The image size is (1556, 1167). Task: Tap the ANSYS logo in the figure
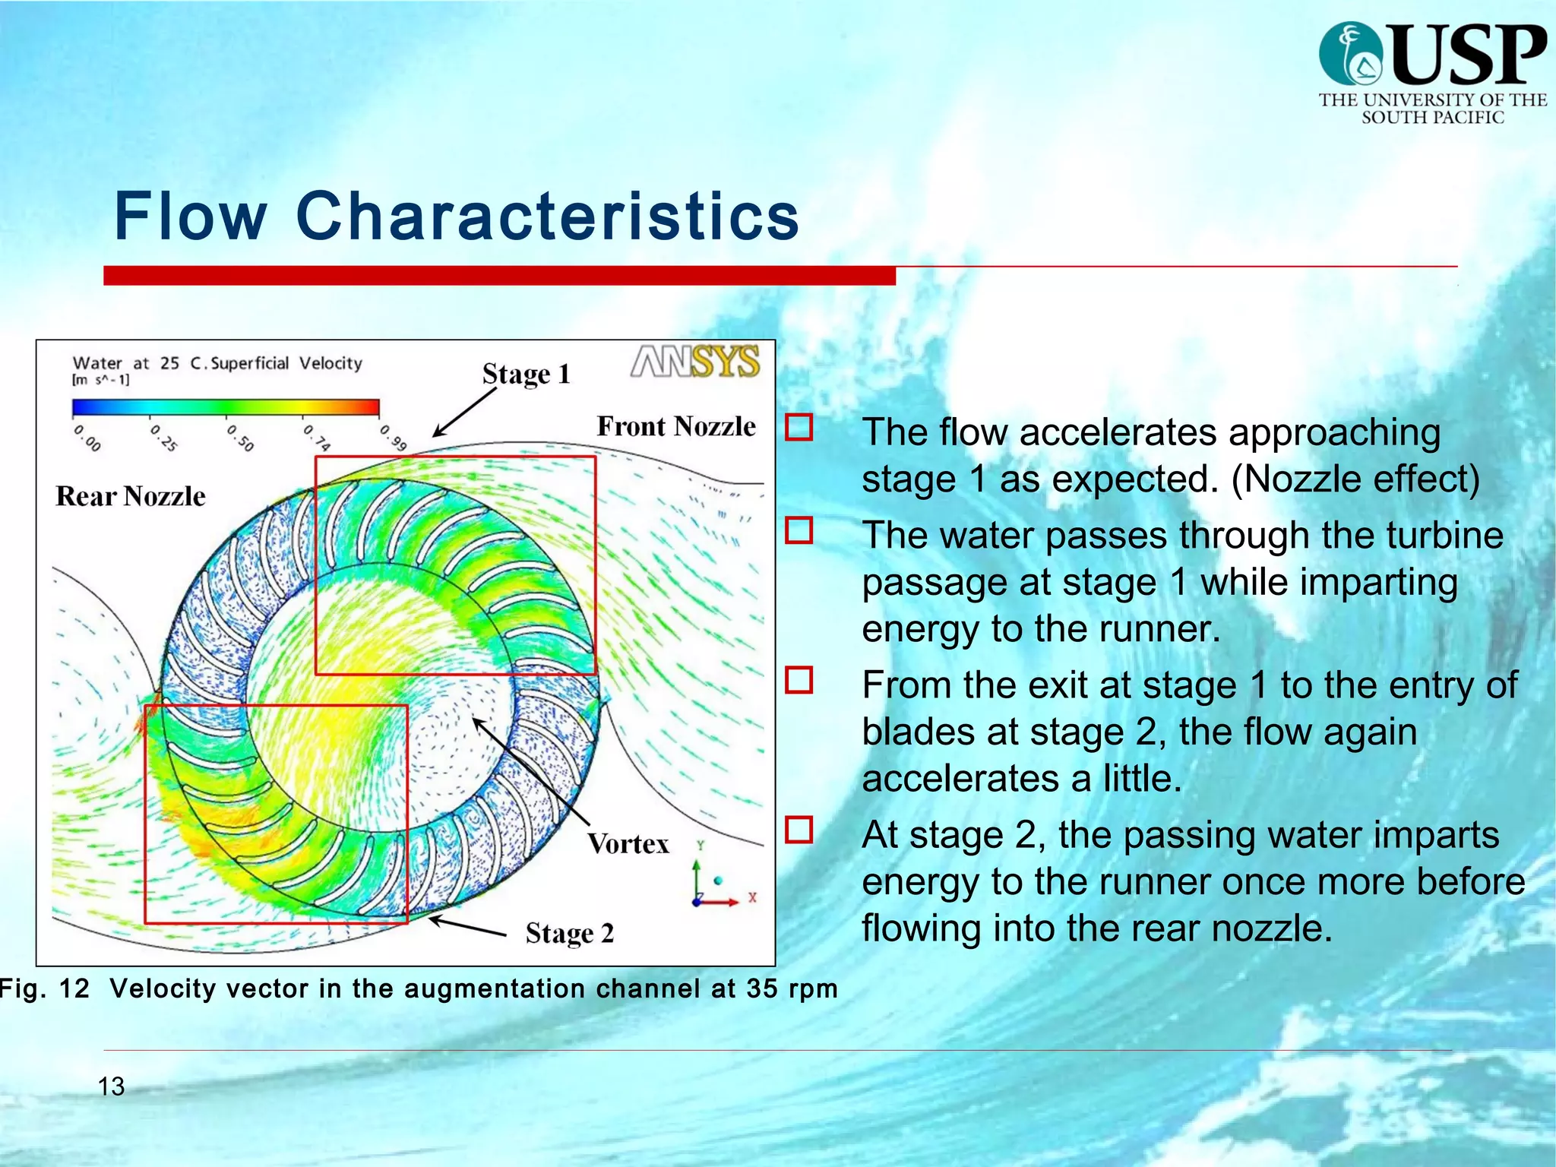(x=695, y=362)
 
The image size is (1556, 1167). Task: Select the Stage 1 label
(x=526, y=374)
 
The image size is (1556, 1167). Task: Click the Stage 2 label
(x=569, y=933)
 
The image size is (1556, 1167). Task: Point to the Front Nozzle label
(x=675, y=427)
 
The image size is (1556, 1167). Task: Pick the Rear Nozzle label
(x=131, y=497)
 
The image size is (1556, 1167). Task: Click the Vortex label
(x=628, y=844)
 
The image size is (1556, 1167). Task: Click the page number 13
(x=111, y=1086)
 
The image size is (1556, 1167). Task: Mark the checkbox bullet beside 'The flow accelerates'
(x=799, y=427)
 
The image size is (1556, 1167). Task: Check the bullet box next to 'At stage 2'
(x=799, y=830)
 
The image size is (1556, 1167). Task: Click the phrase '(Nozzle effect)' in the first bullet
(x=1355, y=479)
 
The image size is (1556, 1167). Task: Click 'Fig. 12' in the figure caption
(x=44, y=988)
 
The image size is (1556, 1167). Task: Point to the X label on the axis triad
(x=752, y=897)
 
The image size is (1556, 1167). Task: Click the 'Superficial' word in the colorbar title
(x=249, y=363)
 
